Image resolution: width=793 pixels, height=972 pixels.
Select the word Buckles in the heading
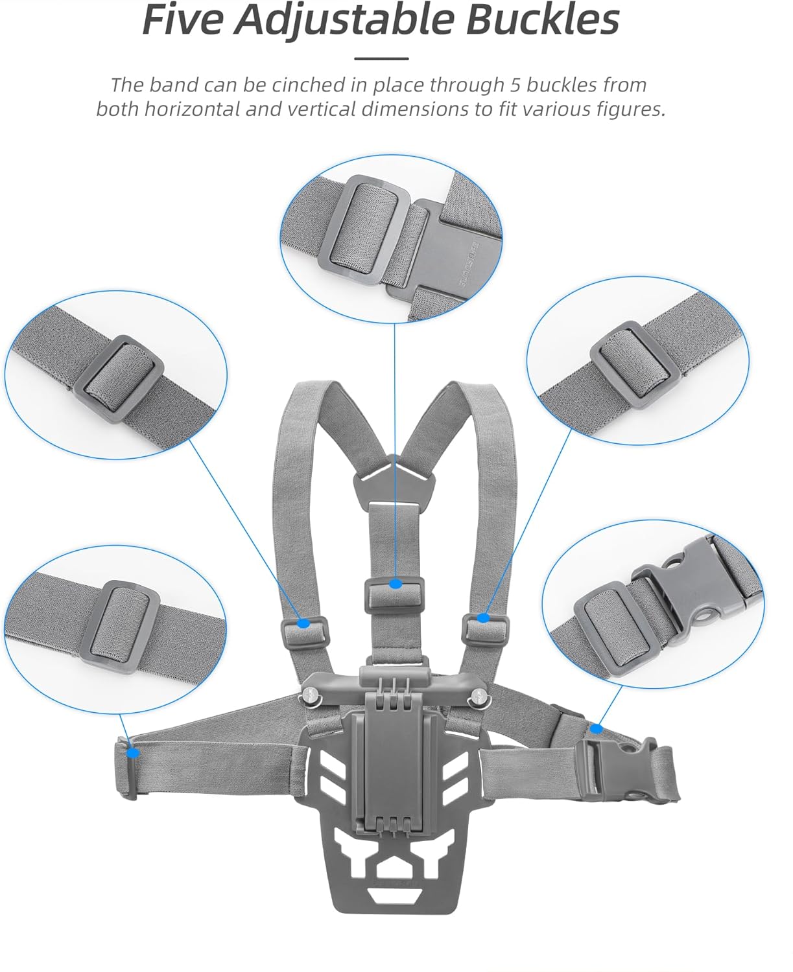coord(542,20)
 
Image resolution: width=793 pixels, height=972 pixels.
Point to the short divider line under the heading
coord(382,59)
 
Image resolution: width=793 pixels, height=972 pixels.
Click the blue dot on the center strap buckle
coord(396,584)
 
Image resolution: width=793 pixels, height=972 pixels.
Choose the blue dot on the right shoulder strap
coord(484,618)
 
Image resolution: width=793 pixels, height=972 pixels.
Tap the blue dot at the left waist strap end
coord(134,753)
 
